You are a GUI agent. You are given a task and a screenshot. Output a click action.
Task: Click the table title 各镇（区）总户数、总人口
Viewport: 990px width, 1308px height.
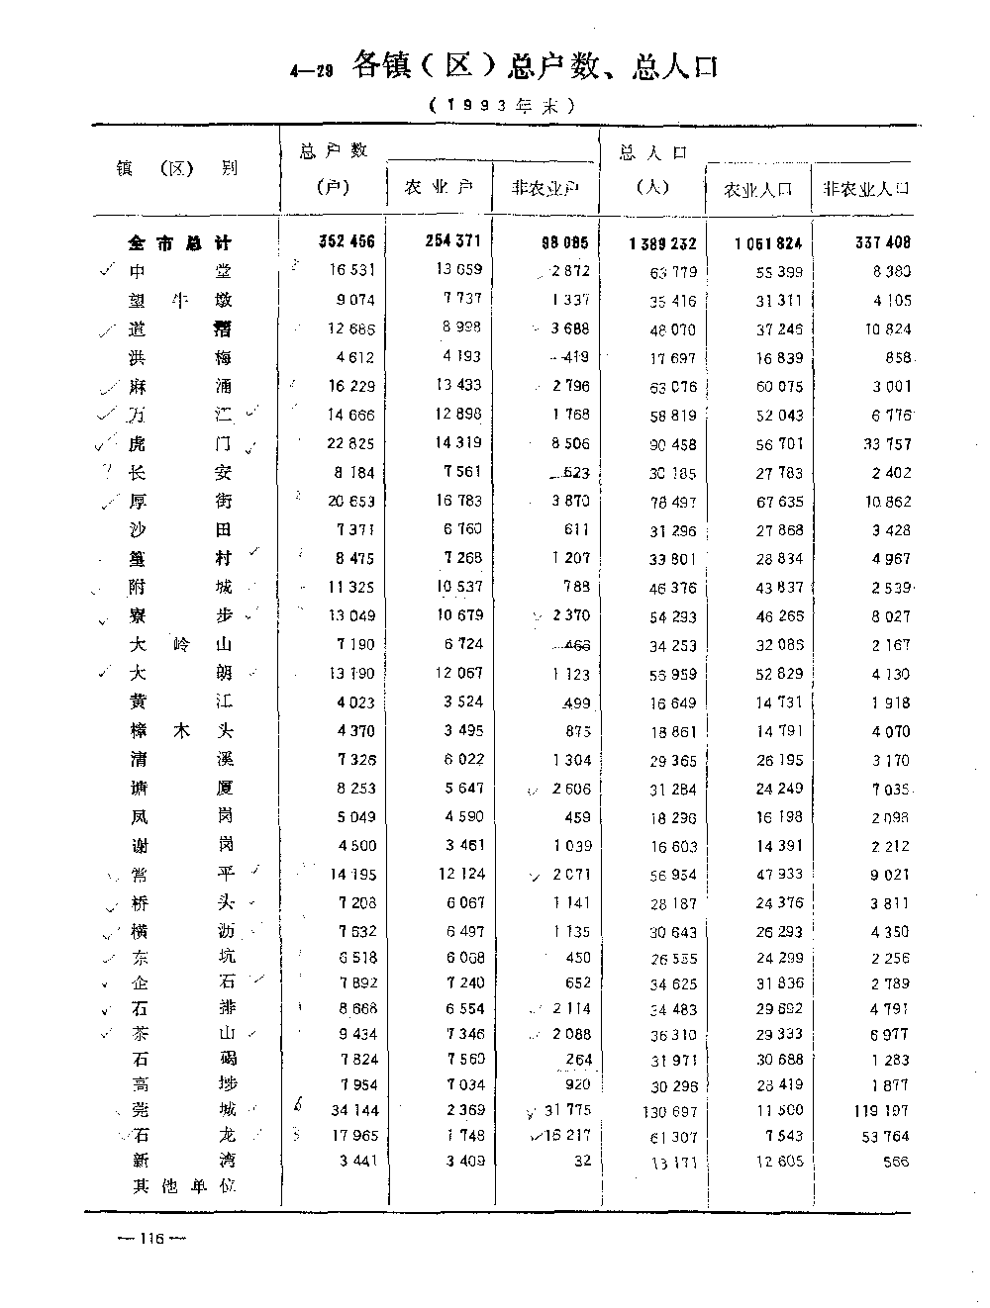(535, 66)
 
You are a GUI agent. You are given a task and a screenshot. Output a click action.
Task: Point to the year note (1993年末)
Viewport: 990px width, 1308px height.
(502, 105)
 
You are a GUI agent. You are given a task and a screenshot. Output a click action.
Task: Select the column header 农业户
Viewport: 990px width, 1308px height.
(439, 188)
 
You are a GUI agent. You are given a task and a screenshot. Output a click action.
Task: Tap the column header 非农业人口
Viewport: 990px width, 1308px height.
(861, 189)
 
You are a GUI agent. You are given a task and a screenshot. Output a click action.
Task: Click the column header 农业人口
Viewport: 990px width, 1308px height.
(758, 189)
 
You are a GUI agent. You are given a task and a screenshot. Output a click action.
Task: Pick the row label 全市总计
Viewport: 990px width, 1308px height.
(180, 242)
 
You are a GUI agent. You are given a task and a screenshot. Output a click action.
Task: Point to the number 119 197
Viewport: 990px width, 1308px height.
(879, 1110)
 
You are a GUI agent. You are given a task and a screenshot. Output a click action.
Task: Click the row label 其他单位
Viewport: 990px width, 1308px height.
(184, 1185)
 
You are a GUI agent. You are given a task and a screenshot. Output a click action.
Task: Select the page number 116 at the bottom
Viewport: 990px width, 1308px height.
(151, 1239)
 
